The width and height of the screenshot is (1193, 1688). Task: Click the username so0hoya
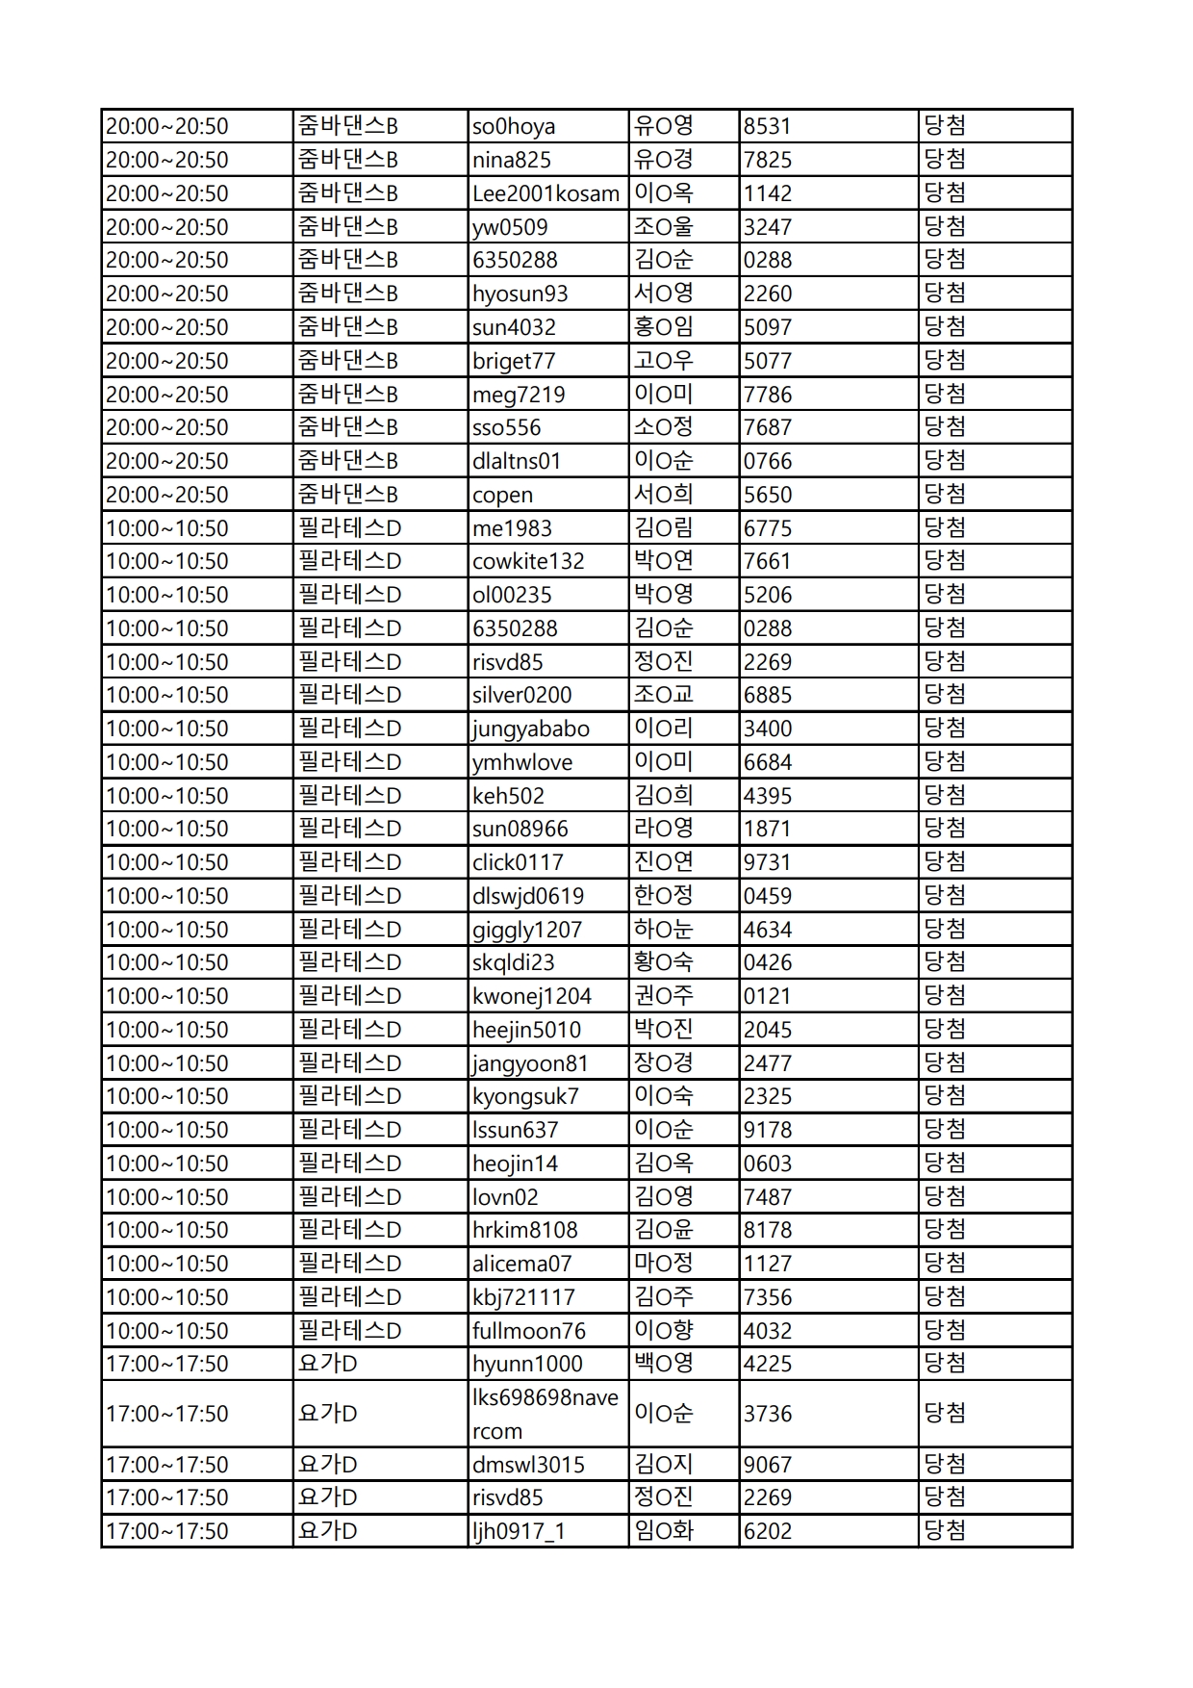pos(513,126)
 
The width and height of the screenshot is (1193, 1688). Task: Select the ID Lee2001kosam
pos(546,193)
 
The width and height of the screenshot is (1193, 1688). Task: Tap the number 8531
pos(767,126)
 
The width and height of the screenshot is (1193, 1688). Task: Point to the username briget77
pos(513,361)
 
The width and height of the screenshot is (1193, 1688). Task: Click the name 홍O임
pos(663,327)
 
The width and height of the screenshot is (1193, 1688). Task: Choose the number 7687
pos(767,427)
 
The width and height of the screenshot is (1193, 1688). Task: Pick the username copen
pos(502,495)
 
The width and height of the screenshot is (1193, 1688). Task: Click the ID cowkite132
pos(527,561)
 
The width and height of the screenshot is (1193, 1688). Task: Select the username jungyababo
pos(530,729)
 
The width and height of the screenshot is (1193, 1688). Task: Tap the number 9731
pos(767,862)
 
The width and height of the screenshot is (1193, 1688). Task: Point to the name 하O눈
pos(663,930)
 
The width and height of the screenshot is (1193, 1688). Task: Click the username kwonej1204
pos(531,996)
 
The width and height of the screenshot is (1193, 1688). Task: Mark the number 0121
pos(767,996)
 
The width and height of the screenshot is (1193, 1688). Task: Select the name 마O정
pos(663,1264)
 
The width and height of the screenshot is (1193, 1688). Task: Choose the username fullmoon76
pos(528,1331)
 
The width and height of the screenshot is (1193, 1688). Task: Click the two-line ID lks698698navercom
pos(545,1414)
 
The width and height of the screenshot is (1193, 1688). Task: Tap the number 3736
pos(767,1414)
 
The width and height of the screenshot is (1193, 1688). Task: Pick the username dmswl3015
pos(528,1465)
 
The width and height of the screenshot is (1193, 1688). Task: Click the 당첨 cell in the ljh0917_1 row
pos(945,1531)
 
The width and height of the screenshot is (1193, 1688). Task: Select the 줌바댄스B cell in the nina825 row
pos(347,160)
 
